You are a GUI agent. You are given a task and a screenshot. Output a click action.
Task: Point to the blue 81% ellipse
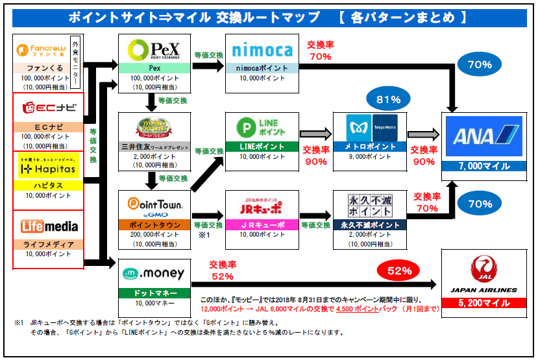click(x=389, y=100)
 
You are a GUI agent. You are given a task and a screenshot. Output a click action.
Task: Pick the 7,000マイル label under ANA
click(x=483, y=167)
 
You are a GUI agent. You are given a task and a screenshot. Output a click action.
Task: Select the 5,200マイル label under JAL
click(x=483, y=303)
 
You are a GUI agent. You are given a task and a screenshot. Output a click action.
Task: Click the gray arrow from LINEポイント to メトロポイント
click(x=315, y=134)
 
